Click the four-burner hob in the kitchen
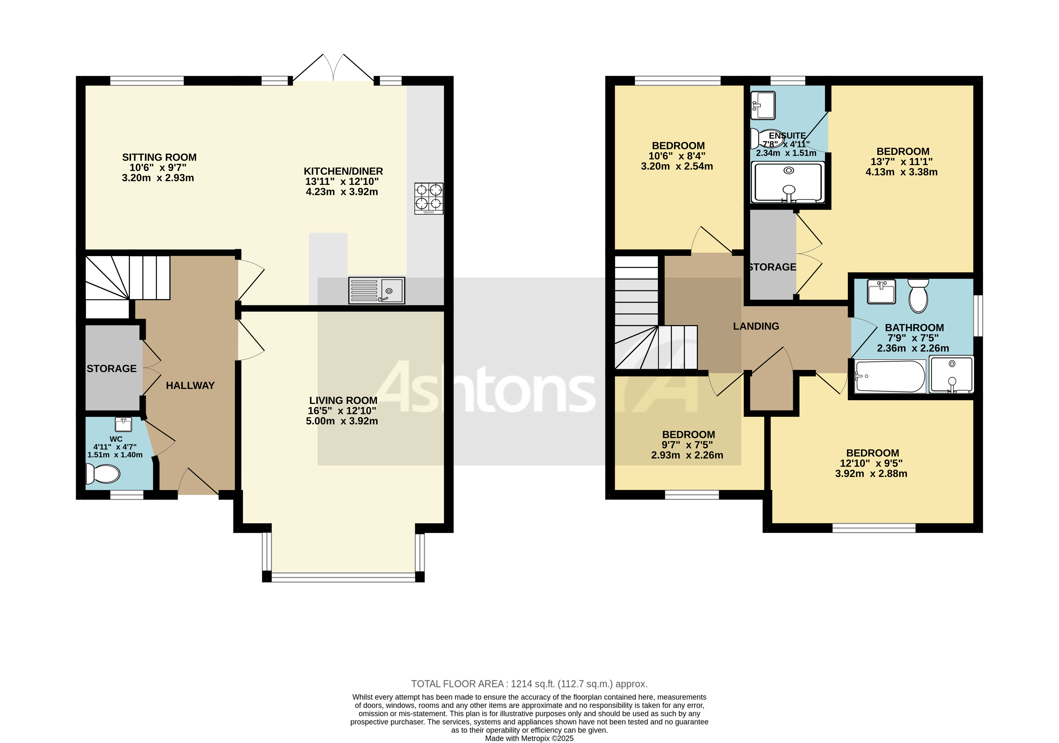pyautogui.click(x=428, y=198)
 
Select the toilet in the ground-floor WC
pyautogui.click(x=103, y=474)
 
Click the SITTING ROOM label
pyautogui.click(x=159, y=157)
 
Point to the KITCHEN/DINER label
pyautogui.click(x=343, y=171)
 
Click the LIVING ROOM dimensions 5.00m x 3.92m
pyautogui.click(x=342, y=421)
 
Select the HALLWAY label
pyautogui.click(x=190, y=386)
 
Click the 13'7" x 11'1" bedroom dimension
pyautogui.click(x=901, y=162)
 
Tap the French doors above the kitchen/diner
pyautogui.click(x=333, y=69)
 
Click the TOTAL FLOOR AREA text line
pyautogui.click(x=529, y=684)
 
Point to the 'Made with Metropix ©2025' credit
pyautogui.click(x=529, y=738)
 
